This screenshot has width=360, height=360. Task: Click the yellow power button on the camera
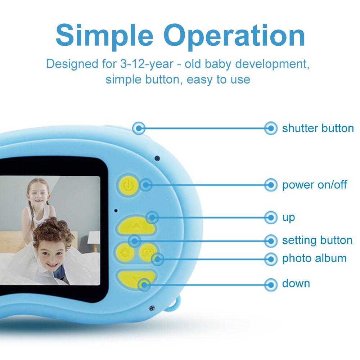tap(129, 185)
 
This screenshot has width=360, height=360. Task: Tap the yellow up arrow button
tap(136, 226)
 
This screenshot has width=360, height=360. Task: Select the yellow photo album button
tap(148, 253)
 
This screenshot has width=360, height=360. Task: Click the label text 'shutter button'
tap(318, 129)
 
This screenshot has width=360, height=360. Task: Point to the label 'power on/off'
tap(315, 185)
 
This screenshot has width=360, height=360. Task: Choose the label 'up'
tap(289, 218)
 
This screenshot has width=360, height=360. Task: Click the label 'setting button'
tap(317, 240)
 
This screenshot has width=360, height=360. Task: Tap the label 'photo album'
tap(314, 258)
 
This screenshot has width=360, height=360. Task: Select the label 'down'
tap(296, 284)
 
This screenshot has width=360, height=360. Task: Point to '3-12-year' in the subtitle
tap(147, 64)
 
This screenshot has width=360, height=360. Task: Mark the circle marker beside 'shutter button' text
tap(271, 128)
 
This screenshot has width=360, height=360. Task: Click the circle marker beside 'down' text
tap(271, 285)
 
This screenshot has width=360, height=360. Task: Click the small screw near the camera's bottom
tap(152, 308)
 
